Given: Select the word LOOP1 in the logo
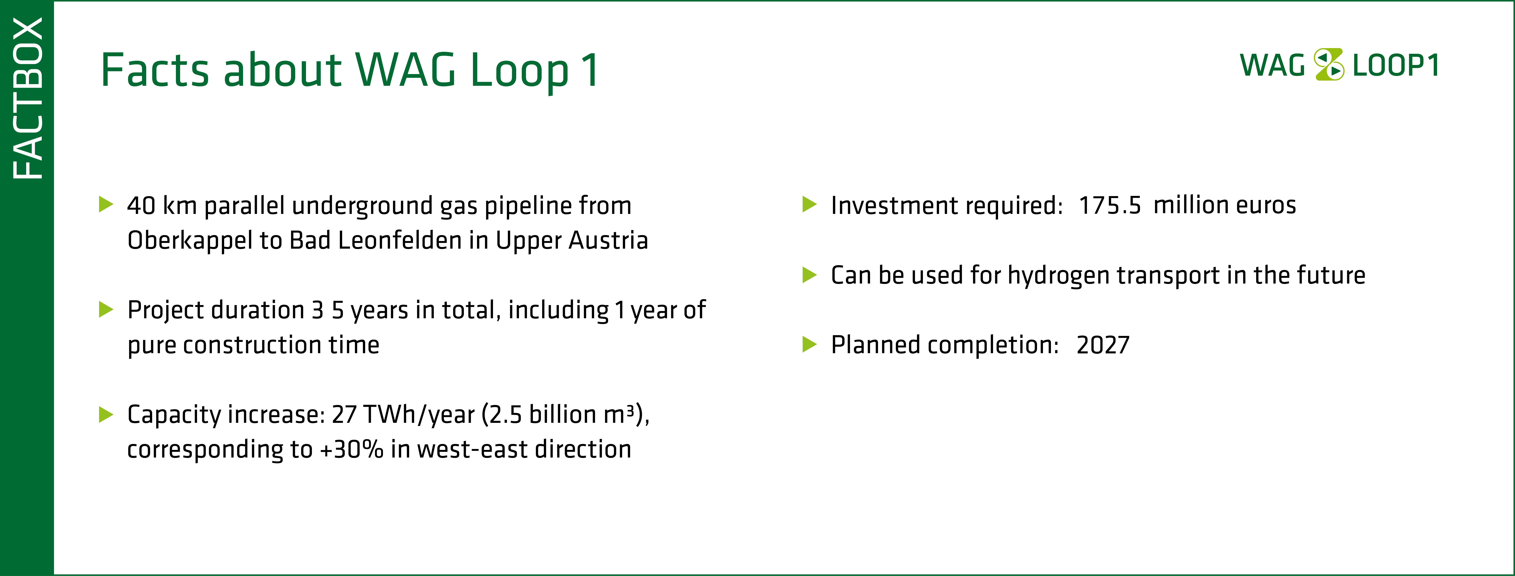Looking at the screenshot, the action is (1396, 65).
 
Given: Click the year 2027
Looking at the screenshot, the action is (1103, 345).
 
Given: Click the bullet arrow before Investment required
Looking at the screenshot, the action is (810, 205).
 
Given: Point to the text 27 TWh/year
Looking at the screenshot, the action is (403, 415).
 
